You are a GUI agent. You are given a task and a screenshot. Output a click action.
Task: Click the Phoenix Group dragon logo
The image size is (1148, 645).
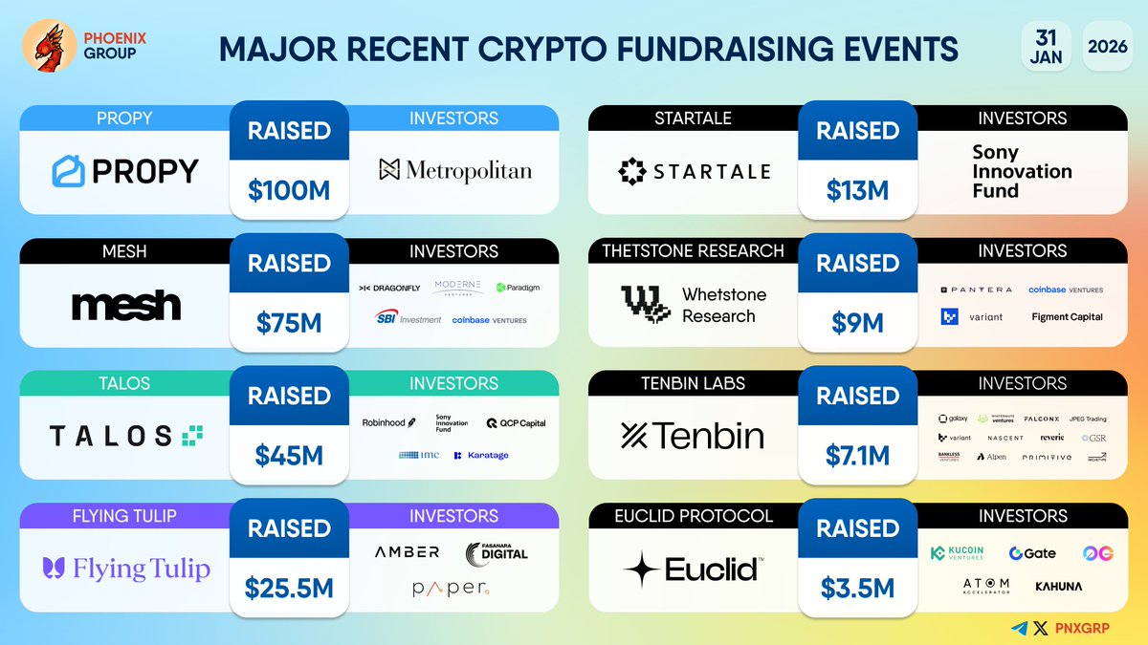point(42,48)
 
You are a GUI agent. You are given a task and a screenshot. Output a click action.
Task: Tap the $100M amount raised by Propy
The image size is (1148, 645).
point(289,190)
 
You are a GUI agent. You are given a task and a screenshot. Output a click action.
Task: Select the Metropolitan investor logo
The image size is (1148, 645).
point(454,171)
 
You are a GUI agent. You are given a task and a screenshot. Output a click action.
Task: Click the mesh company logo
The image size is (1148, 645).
point(125,305)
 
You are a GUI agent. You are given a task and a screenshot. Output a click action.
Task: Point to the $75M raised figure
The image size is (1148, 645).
point(289,323)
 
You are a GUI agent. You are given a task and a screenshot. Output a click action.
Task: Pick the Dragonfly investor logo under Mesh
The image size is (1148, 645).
point(388,288)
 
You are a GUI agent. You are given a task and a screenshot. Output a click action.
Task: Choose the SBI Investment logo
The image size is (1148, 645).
point(408,319)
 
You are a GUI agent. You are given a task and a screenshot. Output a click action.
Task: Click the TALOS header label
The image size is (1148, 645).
point(125,383)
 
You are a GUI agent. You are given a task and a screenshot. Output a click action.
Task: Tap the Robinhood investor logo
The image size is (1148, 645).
point(388,422)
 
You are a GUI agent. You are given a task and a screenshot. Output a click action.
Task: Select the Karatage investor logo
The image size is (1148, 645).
point(481,455)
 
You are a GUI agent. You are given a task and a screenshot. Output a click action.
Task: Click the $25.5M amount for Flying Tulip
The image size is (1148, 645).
point(289,588)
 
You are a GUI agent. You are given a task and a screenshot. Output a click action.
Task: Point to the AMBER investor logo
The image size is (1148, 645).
point(408,552)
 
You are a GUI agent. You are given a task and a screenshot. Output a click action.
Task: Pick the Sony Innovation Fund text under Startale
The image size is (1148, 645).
point(1022,171)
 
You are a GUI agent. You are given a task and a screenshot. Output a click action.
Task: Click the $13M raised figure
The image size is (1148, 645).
point(857,190)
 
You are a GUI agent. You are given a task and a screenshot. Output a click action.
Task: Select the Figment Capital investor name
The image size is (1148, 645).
point(1067,317)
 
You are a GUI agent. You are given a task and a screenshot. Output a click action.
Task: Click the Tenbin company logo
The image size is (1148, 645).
point(693,437)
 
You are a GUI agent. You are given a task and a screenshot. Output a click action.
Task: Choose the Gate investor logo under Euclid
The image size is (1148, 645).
point(1032,553)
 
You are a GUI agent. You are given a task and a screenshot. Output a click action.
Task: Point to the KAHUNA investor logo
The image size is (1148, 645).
point(1058,586)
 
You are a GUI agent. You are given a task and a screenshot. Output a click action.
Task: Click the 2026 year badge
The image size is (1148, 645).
point(1107,45)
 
